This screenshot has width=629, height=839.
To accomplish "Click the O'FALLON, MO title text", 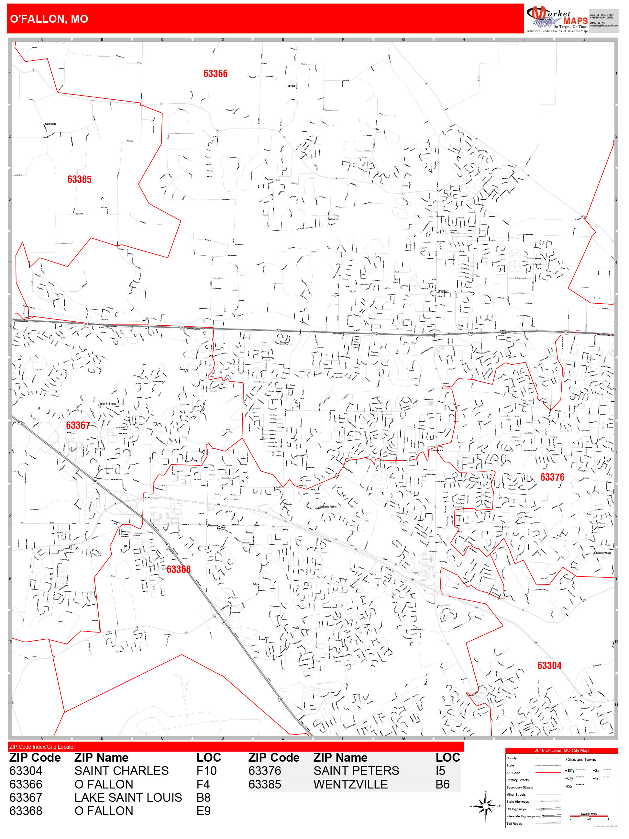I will point(49,19).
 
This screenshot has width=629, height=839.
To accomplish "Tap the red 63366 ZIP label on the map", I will point(215,73).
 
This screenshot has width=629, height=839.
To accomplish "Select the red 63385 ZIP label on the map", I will point(79,179).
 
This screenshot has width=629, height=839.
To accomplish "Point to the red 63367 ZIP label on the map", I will point(78,425).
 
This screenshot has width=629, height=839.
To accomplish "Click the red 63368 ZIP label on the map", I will point(179,569).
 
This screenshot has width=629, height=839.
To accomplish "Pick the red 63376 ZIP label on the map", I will point(552,477).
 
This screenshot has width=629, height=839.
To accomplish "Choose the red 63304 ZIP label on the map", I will point(549,665).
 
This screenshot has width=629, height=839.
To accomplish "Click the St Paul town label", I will point(291,86).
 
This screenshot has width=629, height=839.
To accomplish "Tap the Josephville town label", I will point(50,124).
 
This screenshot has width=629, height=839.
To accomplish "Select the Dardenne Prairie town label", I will point(327,506).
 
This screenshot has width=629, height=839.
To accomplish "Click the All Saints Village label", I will point(602,553).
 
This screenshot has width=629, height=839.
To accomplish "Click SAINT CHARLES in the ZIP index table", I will point(121,771).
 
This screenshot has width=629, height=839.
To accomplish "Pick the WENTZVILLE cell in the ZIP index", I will point(350,784).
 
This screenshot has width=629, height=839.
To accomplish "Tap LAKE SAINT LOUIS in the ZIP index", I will point(128,797).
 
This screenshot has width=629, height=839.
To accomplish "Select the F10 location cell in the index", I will point(206,771).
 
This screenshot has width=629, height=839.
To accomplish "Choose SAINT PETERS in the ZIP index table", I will point(356,771).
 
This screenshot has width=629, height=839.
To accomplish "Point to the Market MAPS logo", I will point(557,19).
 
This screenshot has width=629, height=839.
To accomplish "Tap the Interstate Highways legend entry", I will point(520,816).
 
